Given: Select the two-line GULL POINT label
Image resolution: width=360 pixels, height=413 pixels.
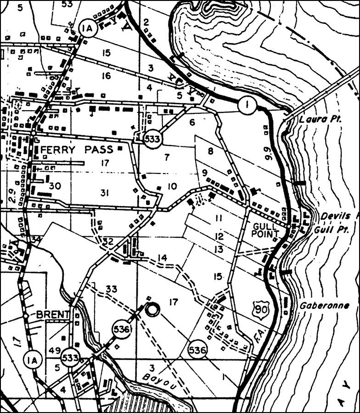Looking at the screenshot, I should tap(266, 230).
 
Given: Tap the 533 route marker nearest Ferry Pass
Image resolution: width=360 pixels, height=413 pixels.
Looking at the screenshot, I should tap(151, 139).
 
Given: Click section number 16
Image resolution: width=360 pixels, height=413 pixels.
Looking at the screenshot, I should tap(106, 76).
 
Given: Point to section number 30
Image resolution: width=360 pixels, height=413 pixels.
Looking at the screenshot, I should tap(55, 186).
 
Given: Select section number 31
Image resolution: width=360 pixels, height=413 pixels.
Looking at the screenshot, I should tap(106, 193).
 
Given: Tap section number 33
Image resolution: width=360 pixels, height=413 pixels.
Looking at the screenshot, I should tap(111, 289).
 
